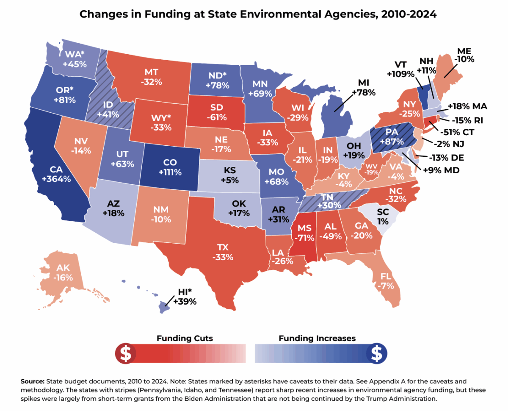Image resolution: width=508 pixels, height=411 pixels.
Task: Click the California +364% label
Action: click(56, 174)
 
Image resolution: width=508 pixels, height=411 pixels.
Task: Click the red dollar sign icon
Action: click(126, 353)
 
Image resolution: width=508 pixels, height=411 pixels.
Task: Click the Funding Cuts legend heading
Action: click(185, 338)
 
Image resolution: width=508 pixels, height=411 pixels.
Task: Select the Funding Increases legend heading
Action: click(317, 338)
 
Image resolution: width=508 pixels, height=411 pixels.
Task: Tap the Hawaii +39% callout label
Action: click(185, 297)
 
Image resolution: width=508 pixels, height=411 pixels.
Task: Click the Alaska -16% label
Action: click(63, 273)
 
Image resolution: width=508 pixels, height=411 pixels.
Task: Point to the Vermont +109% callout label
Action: click(400, 69)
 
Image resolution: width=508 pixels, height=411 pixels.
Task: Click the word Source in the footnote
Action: click(33, 381)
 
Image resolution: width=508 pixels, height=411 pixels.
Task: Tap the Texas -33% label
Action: click(223, 252)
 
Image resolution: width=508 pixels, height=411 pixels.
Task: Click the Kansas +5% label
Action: click(229, 175)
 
